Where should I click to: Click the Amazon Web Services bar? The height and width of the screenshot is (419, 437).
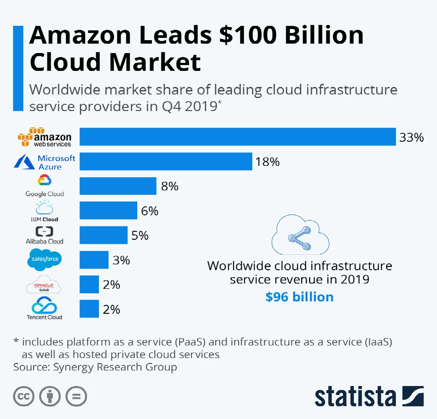237,137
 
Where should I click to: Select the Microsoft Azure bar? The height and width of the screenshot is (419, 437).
166,161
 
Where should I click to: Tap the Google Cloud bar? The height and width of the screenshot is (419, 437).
118,186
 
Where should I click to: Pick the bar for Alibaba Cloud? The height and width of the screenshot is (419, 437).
104,235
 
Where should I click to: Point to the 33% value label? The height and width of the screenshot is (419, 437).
411,137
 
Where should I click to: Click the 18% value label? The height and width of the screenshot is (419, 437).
267,162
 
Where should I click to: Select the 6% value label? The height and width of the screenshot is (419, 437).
150,211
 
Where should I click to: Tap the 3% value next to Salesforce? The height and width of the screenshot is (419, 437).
121,260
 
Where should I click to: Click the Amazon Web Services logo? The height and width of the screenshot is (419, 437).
44,137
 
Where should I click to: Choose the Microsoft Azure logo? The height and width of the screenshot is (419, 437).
45,162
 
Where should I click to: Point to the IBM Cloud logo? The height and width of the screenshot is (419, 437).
44,211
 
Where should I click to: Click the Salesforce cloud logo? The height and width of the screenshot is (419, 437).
44,260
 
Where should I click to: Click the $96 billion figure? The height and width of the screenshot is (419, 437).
299,297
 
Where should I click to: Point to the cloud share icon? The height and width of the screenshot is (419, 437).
300,237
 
